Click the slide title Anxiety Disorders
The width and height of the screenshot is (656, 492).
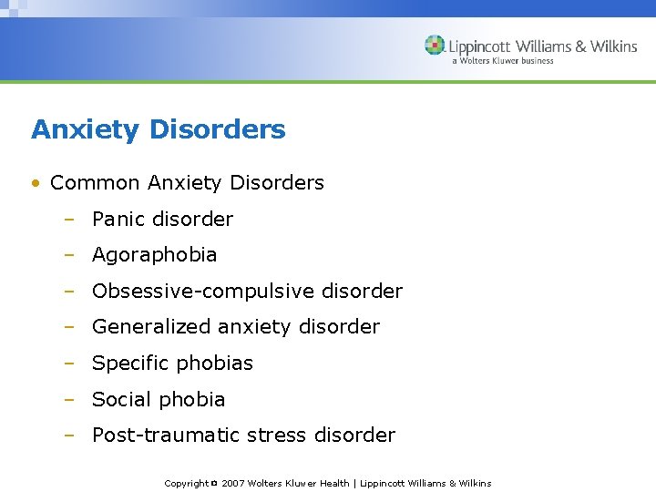(x=158, y=129)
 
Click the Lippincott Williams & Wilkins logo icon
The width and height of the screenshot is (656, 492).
(x=436, y=46)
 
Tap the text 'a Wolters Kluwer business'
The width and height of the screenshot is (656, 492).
(x=502, y=61)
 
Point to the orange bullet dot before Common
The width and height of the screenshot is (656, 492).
(x=35, y=183)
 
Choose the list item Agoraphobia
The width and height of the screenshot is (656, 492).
(x=154, y=255)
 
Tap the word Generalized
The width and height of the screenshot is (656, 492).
(x=149, y=327)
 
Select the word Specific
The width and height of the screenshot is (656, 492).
(x=129, y=364)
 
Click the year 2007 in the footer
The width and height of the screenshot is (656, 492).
(x=233, y=484)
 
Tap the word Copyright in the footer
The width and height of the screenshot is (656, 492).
(x=186, y=484)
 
